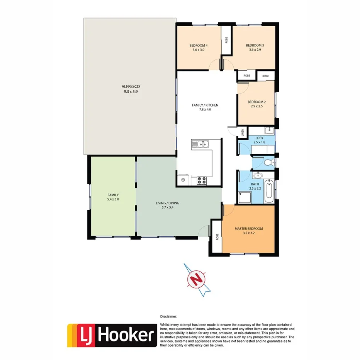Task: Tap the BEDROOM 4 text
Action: click(199, 45)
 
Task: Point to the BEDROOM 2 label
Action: click(256, 102)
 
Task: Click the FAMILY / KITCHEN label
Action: click(205, 105)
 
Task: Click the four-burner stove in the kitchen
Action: click(202, 179)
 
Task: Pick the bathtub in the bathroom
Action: click(269, 191)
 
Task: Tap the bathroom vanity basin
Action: click(258, 176)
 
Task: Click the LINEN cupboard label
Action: click(243, 132)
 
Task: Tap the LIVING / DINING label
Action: click(167, 203)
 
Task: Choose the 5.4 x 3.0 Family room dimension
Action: click(113, 200)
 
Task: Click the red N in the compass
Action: click(197, 279)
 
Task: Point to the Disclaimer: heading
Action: click(169, 316)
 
